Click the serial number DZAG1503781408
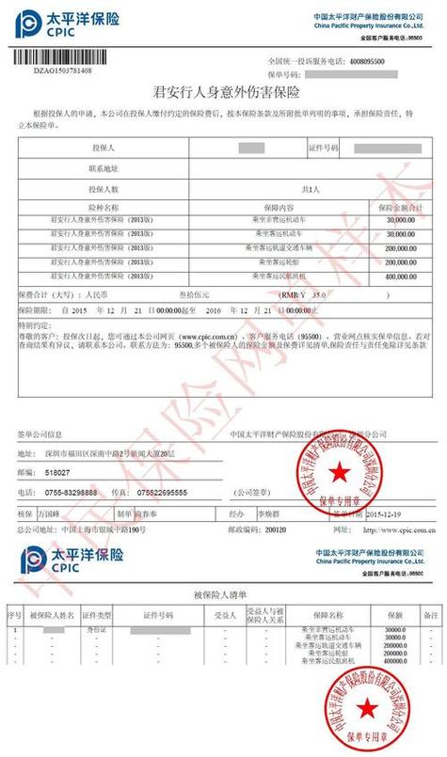(x=63, y=71)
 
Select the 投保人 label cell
(x=104, y=149)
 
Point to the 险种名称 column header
(x=104, y=206)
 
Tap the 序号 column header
(x=15, y=614)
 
